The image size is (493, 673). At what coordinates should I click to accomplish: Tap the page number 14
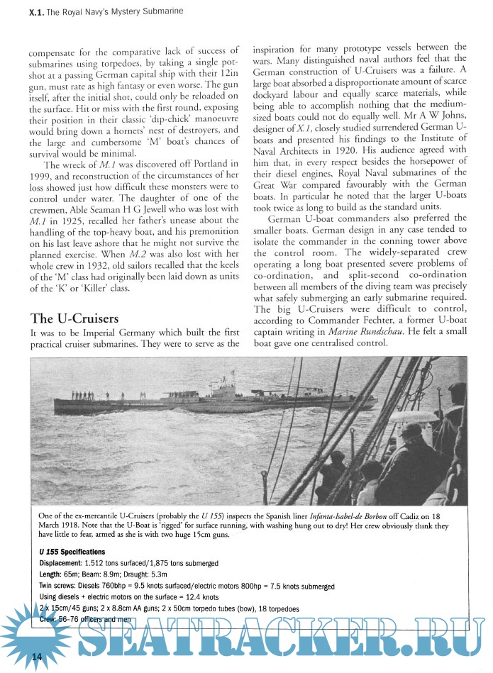point(38,658)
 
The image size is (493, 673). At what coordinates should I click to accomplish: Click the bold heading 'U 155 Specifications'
point(72,551)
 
